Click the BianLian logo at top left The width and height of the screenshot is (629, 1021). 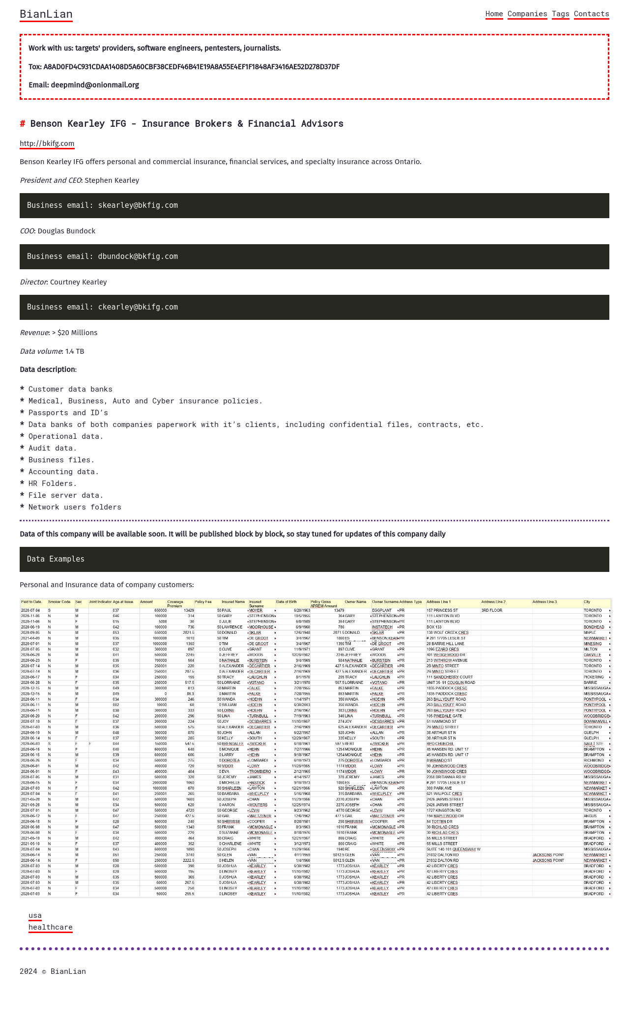click(x=46, y=14)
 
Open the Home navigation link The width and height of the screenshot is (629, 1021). click(x=494, y=14)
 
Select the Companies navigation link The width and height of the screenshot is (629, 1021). click(x=527, y=14)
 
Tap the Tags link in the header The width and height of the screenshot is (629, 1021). click(x=560, y=14)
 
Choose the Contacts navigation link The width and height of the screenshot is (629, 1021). click(x=591, y=14)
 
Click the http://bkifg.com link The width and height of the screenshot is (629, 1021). click(x=47, y=143)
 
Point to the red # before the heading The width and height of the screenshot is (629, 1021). click(x=23, y=123)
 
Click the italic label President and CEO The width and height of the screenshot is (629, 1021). click(x=50, y=180)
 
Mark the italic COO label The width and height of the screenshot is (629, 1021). click(x=27, y=231)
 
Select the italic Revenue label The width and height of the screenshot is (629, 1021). click(x=34, y=333)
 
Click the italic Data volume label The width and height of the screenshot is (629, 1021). click(x=41, y=351)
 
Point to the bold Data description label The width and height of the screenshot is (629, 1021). click(x=48, y=369)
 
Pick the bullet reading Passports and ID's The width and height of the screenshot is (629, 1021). click(x=68, y=413)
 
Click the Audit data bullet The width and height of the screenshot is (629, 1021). click(x=53, y=448)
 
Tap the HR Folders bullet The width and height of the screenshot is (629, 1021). click(x=53, y=483)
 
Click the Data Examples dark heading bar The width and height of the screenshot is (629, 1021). click(x=314, y=559)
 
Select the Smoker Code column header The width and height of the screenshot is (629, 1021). click(x=59, y=602)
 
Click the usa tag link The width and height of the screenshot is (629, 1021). click(x=35, y=915)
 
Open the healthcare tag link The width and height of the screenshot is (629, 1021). click(x=51, y=927)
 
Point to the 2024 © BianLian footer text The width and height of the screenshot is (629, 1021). click(x=53, y=971)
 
